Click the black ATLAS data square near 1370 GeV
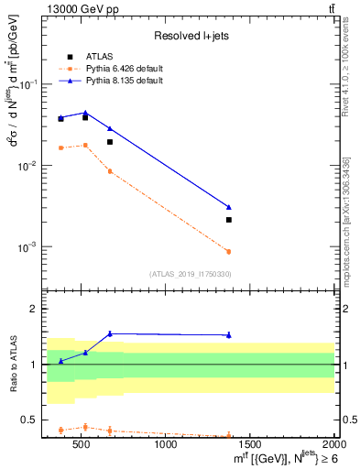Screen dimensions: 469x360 pos(229,220)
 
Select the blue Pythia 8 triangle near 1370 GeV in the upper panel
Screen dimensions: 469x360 pos(229,207)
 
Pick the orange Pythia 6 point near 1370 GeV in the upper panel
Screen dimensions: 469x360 pos(229,251)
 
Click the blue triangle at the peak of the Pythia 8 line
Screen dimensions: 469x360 pos(85,113)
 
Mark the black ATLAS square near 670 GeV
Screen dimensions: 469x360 pos(110,142)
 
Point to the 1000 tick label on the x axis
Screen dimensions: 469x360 pos(167,445)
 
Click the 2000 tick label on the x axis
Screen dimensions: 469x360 pos(333,445)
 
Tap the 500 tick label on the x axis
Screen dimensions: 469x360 pos(82,445)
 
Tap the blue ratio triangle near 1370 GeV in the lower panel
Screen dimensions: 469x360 pos(229,334)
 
